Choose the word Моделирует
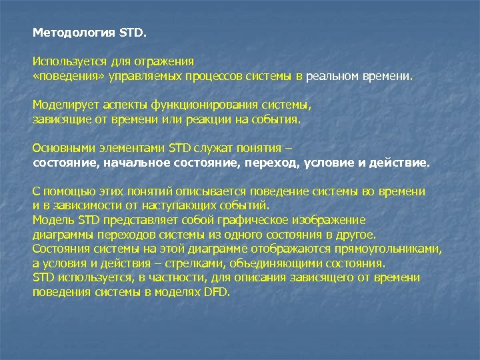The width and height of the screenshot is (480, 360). coord(62,105)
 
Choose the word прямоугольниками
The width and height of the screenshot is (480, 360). coord(391,249)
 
